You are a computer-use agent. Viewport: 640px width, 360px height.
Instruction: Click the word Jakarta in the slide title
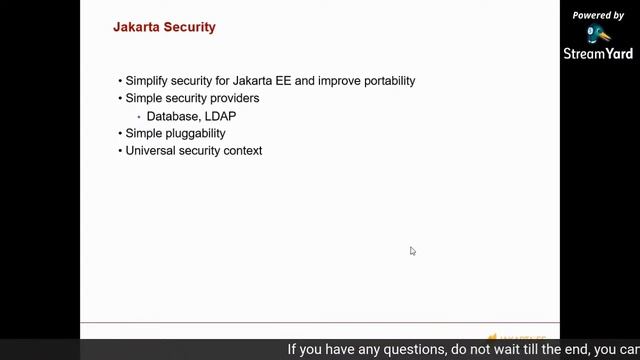click(x=136, y=28)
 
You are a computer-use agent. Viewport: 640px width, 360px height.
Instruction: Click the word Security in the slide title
click(x=189, y=28)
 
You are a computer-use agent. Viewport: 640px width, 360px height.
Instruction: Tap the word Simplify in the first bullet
click(x=148, y=81)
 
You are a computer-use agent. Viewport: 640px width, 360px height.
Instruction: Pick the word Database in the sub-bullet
click(x=172, y=116)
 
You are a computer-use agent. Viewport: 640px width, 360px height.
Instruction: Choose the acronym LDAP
click(x=218, y=116)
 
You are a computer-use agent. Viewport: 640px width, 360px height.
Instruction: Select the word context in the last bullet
click(x=243, y=151)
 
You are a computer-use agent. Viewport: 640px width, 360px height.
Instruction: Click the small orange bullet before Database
click(x=139, y=116)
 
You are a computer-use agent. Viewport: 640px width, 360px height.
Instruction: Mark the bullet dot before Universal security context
click(x=120, y=151)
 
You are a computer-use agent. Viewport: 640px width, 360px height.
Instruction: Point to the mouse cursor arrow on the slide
click(x=412, y=250)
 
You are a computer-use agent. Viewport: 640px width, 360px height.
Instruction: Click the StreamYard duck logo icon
click(x=598, y=34)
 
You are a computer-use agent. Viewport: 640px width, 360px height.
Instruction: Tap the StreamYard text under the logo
click(x=598, y=53)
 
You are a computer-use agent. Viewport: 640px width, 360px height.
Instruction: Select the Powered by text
click(x=598, y=15)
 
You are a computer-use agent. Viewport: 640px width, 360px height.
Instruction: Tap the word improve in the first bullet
click(x=339, y=81)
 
